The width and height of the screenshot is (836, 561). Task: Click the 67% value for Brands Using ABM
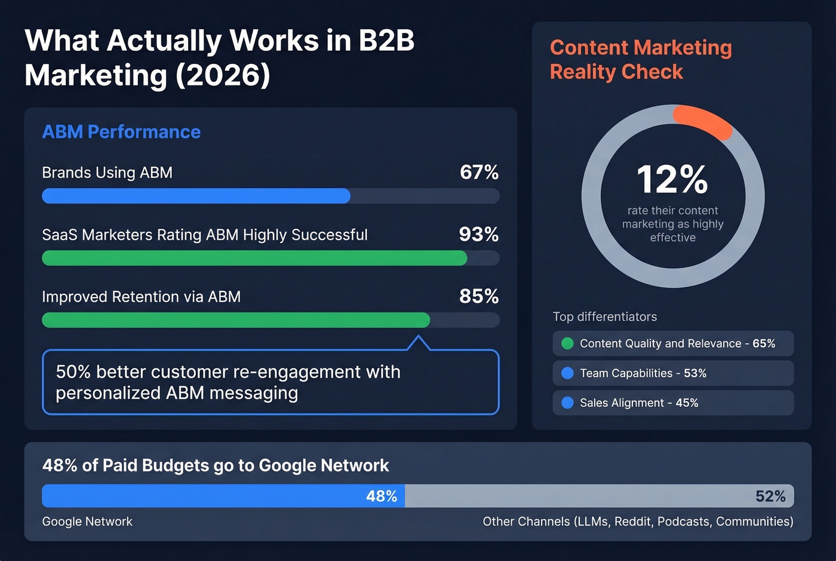tap(479, 173)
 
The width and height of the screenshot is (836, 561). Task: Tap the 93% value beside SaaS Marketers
tap(478, 235)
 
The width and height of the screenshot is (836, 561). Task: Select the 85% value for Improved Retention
tap(478, 296)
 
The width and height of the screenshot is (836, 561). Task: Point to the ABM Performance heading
tap(121, 132)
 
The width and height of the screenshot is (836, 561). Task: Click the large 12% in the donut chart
tap(672, 179)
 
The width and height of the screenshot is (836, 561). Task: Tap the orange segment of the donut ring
tap(703, 120)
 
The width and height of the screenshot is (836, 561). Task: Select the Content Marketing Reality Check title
tap(640, 60)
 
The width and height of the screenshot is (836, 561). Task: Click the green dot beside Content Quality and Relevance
tap(567, 344)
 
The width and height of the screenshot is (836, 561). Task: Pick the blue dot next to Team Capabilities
tap(567, 373)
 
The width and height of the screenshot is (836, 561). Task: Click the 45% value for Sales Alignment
tap(687, 403)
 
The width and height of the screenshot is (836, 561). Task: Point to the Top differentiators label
tap(604, 317)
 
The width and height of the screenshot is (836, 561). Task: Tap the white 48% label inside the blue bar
tap(382, 496)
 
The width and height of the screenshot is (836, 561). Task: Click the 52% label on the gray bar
tap(770, 496)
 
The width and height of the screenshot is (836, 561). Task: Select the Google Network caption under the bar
tap(87, 522)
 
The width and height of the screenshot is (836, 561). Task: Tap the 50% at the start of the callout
tap(73, 372)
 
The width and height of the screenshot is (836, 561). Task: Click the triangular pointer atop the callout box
tap(419, 343)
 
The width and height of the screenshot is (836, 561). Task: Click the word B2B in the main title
tap(386, 41)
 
